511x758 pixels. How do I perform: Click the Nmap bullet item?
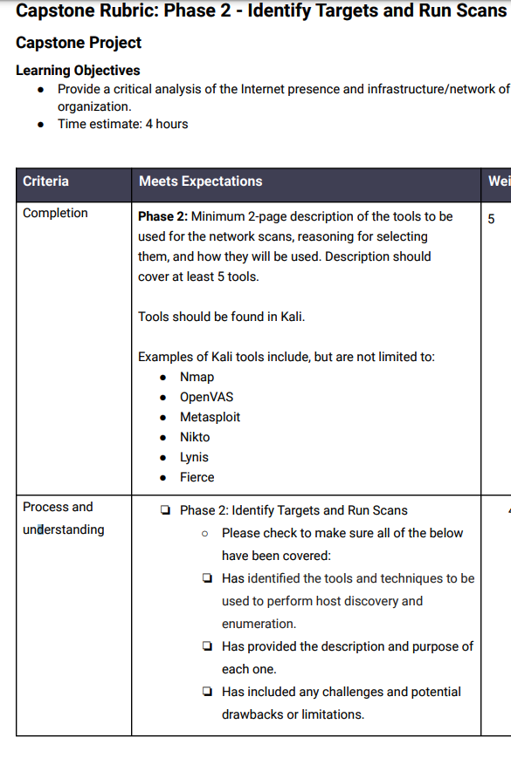tap(197, 377)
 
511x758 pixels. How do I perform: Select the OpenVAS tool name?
tap(206, 397)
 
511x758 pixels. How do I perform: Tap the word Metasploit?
tap(210, 417)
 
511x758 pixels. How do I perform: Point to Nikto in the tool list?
tap(195, 437)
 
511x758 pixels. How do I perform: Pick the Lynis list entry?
tap(194, 457)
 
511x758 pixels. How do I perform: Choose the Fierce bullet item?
tap(197, 477)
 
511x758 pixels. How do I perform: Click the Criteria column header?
tap(45, 181)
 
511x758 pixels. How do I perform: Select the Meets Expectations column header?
tap(200, 181)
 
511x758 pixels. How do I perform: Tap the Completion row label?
tap(55, 213)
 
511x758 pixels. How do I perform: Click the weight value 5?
tap(492, 218)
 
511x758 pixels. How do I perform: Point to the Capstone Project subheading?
tap(79, 43)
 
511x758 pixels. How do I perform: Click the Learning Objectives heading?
tap(78, 71)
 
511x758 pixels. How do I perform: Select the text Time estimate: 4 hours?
tap(122, 124)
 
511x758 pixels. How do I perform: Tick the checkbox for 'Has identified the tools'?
tap(206, 578)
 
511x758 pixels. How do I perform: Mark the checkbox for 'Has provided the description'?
tap(206, 646)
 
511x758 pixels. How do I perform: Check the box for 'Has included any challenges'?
tap(206, 692)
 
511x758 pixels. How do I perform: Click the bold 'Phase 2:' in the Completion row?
tap(162, 216)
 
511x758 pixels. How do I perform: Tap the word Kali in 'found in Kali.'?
tap(291, 317)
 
